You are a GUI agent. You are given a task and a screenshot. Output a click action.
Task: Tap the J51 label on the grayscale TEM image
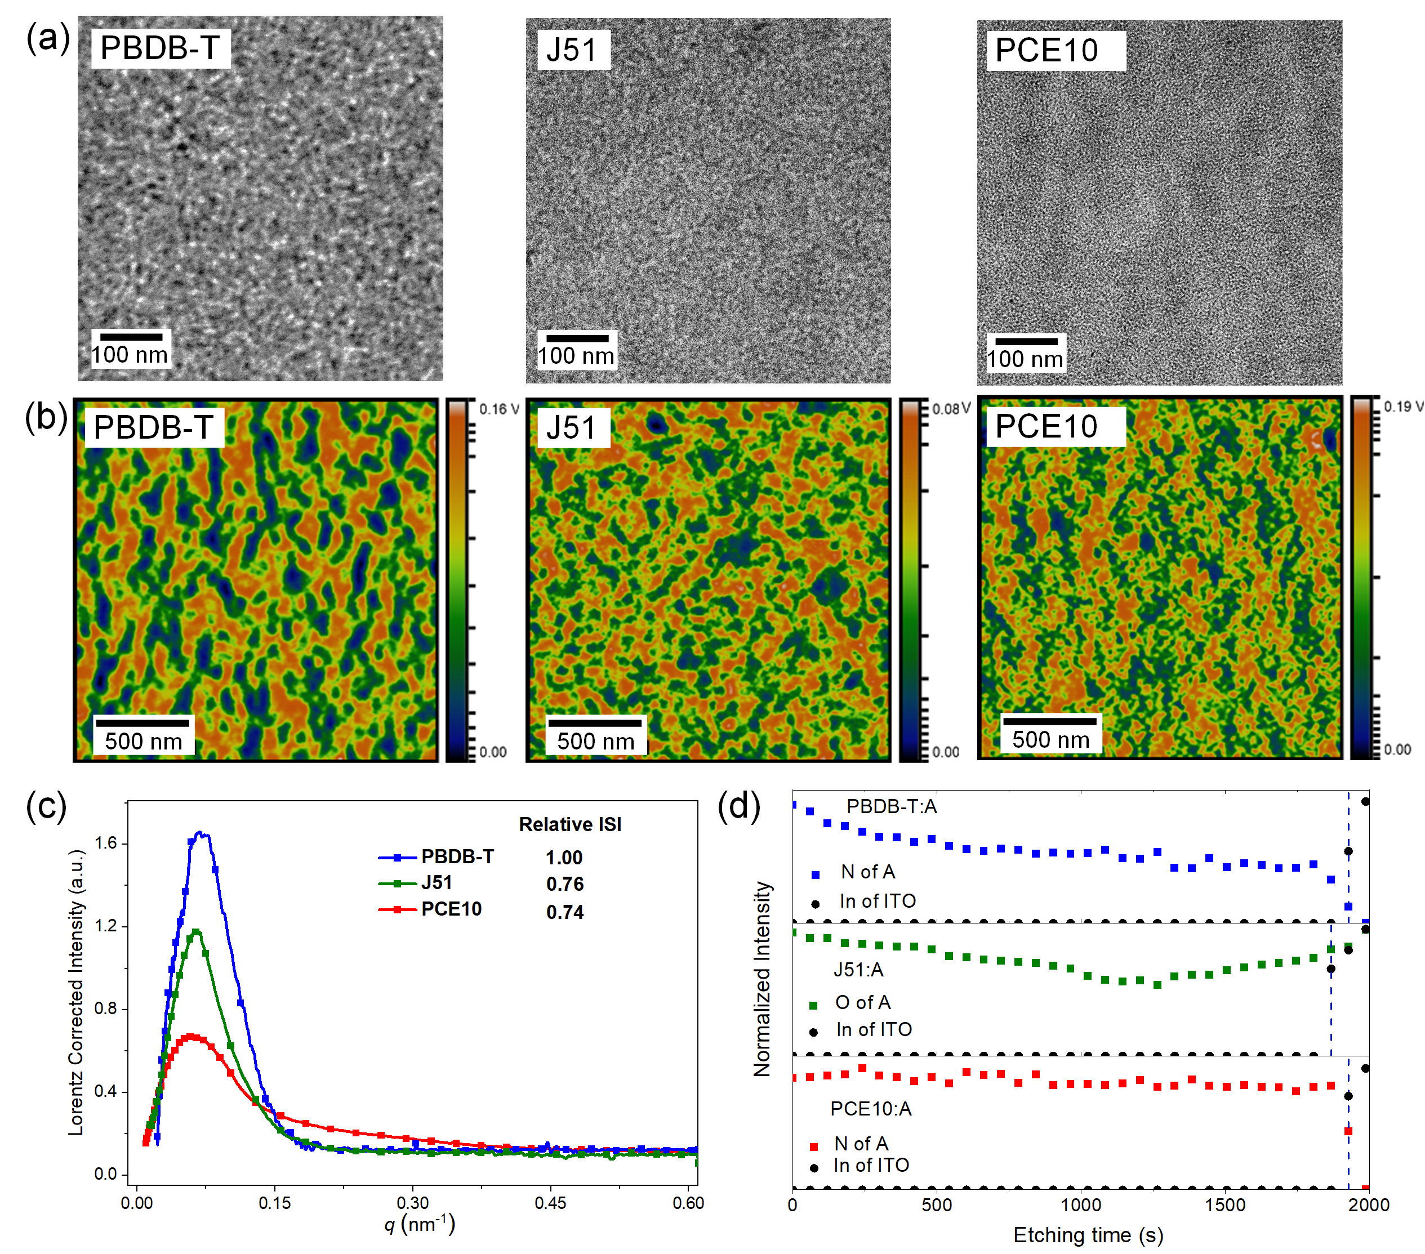tap(572, 50)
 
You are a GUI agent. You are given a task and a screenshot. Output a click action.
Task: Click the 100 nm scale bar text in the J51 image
tap(576, 356)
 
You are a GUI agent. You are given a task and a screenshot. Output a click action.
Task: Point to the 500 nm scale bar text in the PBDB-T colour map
tap(144, 741)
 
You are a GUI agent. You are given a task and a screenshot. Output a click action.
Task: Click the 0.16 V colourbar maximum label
tap(498, 409)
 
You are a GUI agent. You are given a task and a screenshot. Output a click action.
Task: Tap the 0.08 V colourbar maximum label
tap(951, 408)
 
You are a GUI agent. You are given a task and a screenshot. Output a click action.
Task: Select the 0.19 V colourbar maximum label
tap(1402, 407)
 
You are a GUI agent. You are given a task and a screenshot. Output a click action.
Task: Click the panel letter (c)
tap(46, 806)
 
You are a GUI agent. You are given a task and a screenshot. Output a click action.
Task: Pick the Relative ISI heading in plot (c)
tap(569, 824)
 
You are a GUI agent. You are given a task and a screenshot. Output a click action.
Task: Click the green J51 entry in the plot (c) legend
tap(437, 882)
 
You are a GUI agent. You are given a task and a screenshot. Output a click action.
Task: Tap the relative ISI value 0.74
tap(565, 912)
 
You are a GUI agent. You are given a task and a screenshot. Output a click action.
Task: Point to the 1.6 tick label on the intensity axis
tap(106, 843)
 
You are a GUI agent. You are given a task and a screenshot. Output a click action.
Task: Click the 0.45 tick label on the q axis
tap(550, 1203)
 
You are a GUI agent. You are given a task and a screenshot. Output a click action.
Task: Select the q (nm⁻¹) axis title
tap(420, 1225)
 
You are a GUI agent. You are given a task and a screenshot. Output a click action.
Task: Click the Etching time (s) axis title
tap(1088, 1235)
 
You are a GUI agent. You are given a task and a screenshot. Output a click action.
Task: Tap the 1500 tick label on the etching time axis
tap(1225, 1205)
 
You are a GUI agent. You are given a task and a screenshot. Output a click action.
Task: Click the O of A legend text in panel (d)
tap(862, 1002)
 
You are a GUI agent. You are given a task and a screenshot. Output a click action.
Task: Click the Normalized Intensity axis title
tap(762, 979)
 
